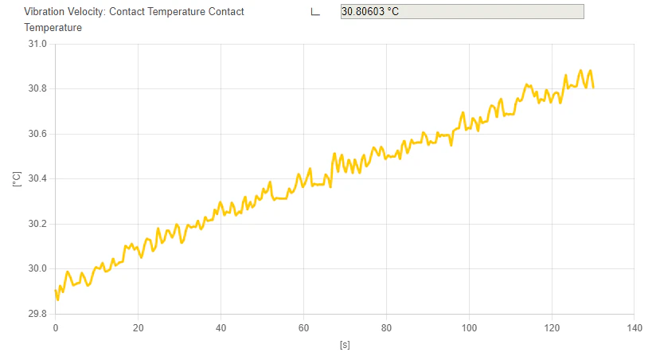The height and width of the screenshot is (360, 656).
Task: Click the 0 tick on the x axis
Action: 56,327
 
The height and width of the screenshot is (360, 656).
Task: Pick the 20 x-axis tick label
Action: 138,327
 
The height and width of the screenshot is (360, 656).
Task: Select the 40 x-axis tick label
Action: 221,327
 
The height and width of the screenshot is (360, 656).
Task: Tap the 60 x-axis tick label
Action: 303,327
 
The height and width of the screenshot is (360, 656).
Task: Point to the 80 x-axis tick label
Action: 386,327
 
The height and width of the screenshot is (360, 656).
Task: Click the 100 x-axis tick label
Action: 469,327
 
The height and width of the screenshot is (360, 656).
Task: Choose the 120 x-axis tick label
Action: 552,327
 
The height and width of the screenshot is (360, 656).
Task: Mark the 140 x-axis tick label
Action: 635,327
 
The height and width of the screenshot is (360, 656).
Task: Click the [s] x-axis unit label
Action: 345,346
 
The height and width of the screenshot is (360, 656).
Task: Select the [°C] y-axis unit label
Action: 16,179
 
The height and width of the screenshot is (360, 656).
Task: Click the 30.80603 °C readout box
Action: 462,12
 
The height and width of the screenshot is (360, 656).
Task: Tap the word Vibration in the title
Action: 45,12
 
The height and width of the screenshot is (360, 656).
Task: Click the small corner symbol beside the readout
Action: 315,12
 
